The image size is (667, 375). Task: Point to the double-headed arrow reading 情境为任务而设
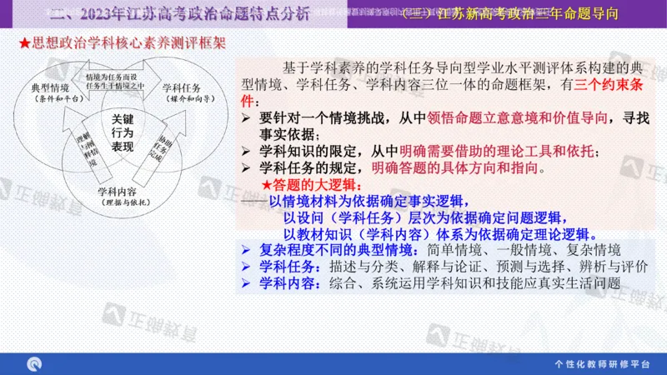115,80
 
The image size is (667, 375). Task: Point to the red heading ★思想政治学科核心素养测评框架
120,42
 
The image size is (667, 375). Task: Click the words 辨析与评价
615,266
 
